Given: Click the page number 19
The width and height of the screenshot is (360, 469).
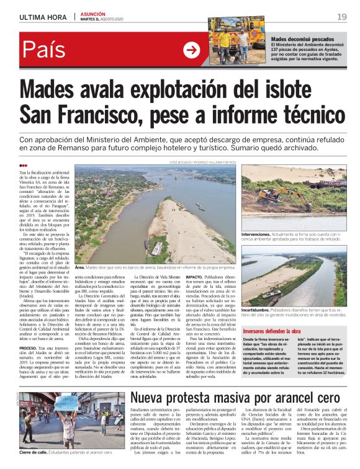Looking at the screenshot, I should click(342, 17).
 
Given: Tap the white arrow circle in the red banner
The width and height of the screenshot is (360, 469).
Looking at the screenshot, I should click(192, 50).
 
